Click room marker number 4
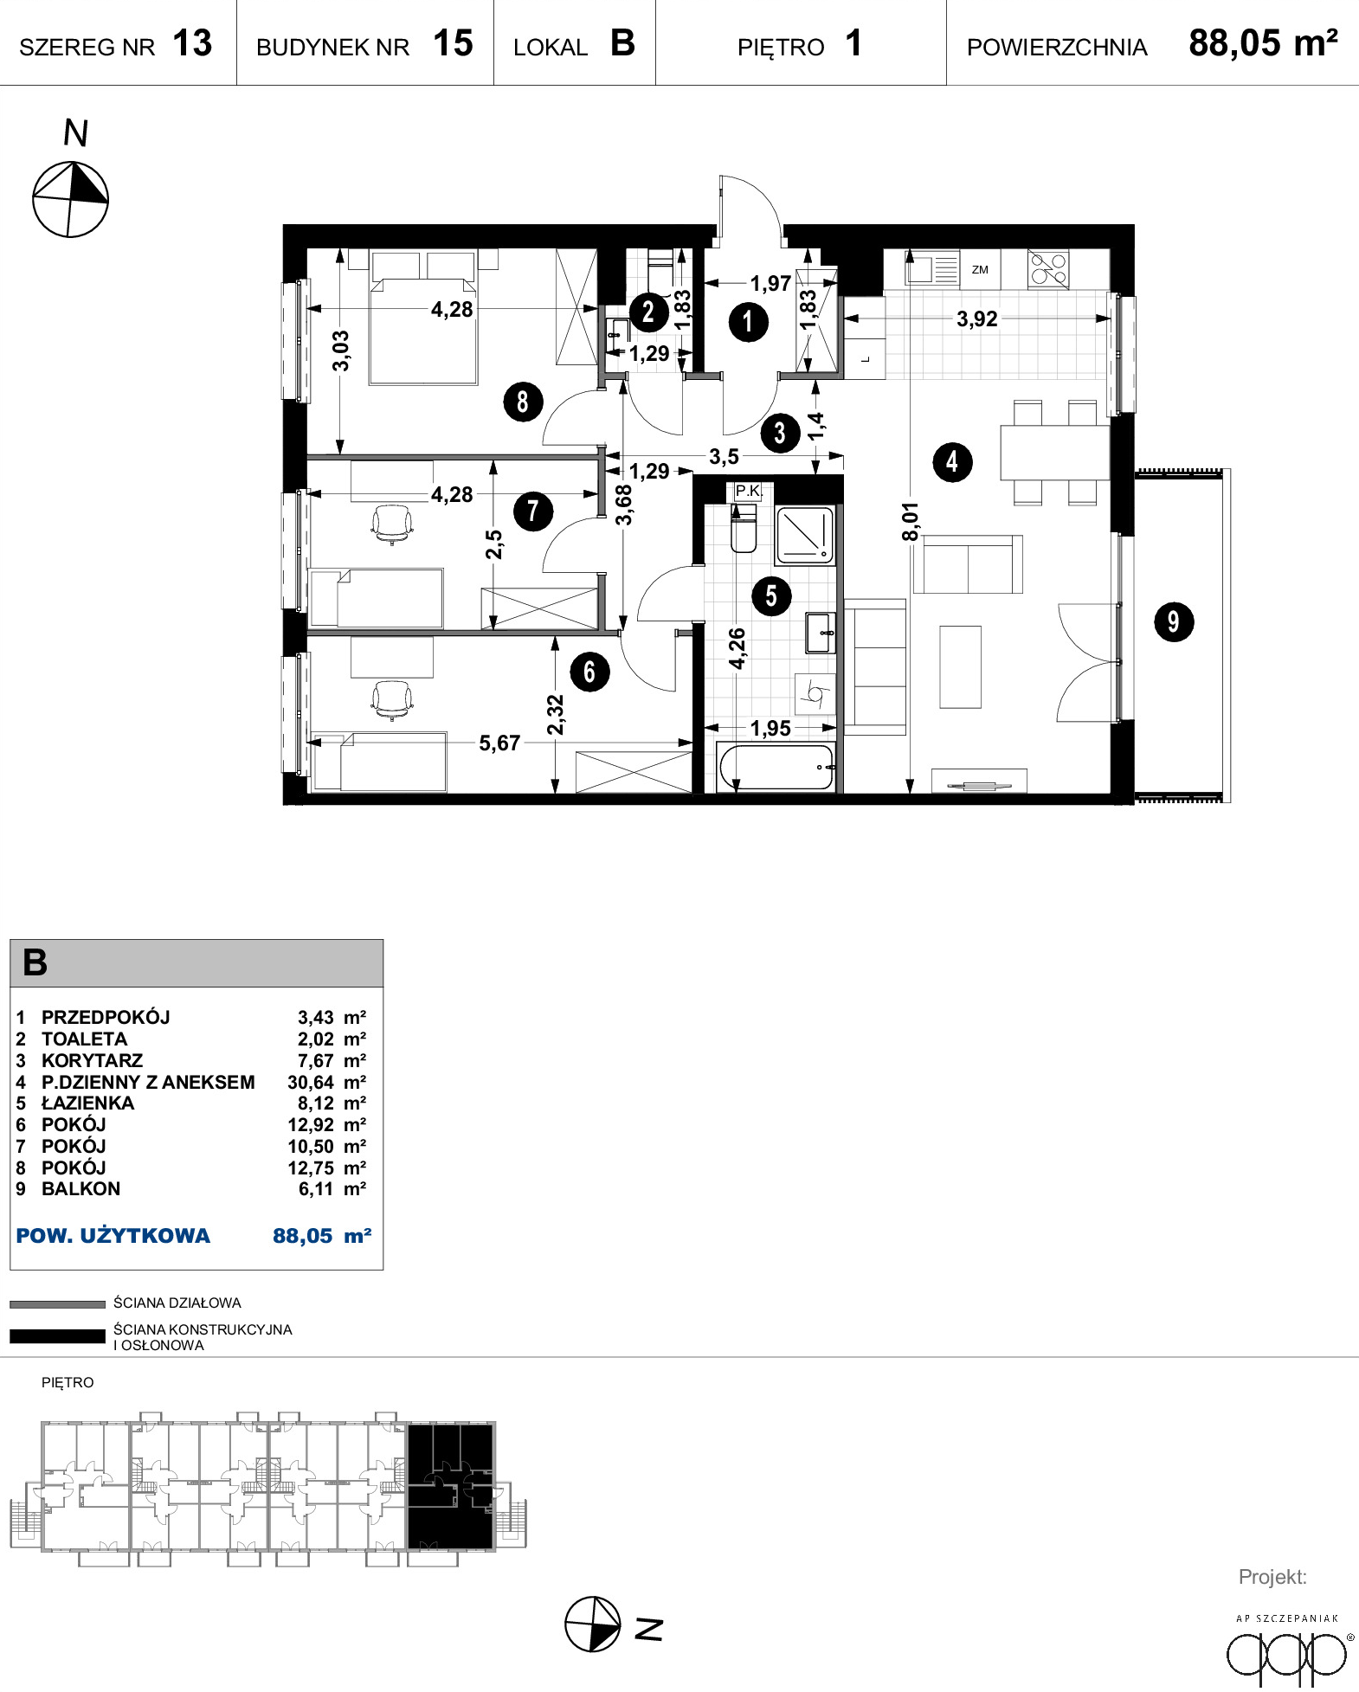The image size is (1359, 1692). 952,462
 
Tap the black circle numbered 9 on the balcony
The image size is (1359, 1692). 1174,621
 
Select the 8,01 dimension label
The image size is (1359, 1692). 910,522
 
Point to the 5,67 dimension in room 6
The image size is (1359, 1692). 499,743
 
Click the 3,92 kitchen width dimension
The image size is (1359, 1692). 977,318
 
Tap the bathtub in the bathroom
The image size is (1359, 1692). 776,767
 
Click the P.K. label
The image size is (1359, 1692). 748,491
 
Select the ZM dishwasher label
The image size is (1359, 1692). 980,270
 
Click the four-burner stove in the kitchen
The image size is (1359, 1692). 1048,268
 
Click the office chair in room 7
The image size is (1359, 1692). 392,524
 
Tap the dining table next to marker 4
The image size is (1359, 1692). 1055,452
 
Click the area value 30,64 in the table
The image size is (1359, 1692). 311,1082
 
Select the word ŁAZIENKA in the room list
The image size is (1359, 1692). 88,1103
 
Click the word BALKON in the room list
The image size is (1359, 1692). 81,1188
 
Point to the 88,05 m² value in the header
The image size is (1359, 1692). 1263,42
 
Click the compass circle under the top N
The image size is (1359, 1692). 70,199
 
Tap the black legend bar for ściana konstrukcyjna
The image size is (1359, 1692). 57,1336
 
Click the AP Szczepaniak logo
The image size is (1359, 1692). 1288,1649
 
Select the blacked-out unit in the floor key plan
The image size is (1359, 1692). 450,1486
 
